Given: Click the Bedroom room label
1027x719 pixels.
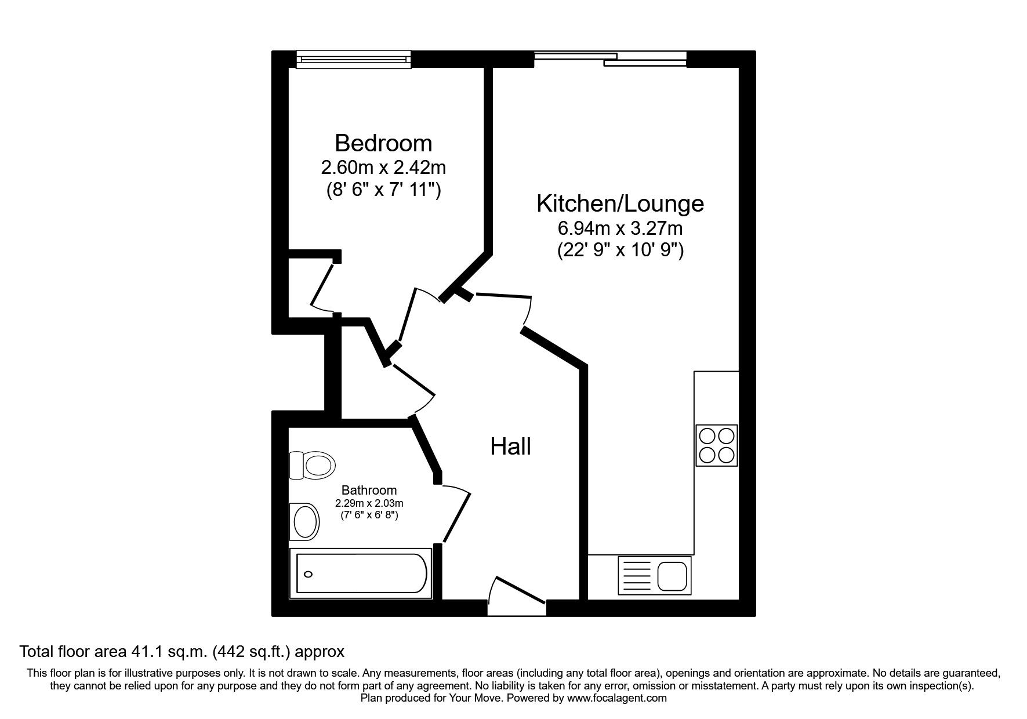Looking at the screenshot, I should [383, 143].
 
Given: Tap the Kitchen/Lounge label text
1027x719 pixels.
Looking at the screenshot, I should [620, 204].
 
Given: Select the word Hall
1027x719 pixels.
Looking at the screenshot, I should [510, 446].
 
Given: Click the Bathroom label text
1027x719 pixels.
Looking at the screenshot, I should [369, 490].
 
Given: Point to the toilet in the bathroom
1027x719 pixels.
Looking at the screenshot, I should [313, 465].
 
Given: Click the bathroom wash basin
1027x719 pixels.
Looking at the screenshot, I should [305, 520].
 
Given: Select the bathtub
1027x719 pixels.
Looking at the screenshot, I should [361, 573].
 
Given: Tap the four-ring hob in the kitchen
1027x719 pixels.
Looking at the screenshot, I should [716, 445].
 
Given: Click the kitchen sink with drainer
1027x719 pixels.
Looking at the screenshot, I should [655, 575].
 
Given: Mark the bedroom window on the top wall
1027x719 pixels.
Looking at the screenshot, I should [353, 59].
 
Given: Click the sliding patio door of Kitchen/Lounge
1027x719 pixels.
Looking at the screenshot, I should [610, 59].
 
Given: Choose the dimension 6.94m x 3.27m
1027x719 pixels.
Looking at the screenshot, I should [620, 228].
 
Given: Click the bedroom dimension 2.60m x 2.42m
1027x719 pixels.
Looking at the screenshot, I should [383, 168].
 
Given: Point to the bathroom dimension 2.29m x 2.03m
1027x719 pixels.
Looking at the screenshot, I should [369, 503].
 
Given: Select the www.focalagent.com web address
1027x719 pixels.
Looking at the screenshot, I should [617, 698].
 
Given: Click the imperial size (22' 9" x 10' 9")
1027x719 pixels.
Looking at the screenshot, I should [620, 250].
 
